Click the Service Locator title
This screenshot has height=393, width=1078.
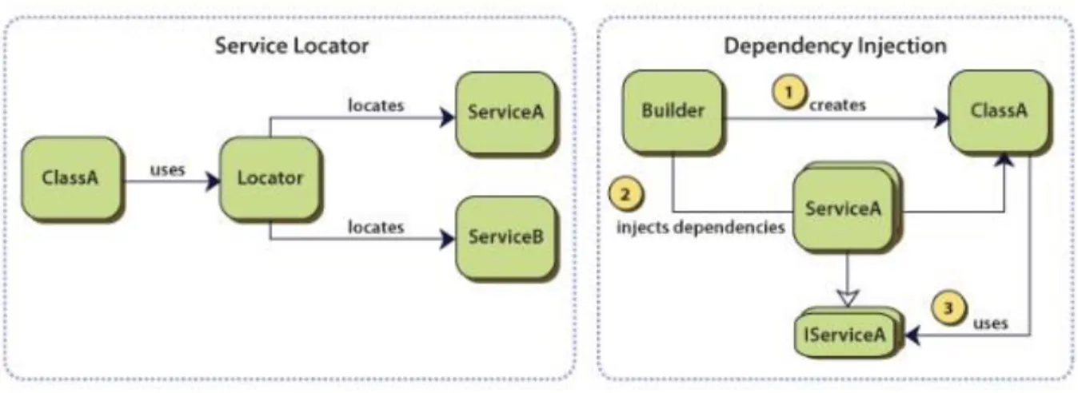[292, 46]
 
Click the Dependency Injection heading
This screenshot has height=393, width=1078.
[835, 46]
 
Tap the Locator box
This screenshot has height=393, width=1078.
[269, 178]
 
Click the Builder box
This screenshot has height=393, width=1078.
[673, 111]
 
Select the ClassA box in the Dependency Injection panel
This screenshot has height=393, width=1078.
[999, 111]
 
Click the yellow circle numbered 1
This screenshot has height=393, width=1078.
[789, 92]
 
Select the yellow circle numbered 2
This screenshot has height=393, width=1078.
[625, 195]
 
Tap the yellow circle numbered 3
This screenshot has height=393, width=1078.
[948, 308]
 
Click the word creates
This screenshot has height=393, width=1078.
[837, 105]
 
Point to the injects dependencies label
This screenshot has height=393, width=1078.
[701, 227]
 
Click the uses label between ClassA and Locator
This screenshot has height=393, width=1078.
[167, 170]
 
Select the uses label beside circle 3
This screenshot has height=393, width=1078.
[990, 324]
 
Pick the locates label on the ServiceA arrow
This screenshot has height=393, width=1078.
[376, 105]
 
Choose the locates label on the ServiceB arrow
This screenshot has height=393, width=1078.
[376, 227]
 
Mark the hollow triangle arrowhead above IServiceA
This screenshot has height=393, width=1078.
[847, 298]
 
